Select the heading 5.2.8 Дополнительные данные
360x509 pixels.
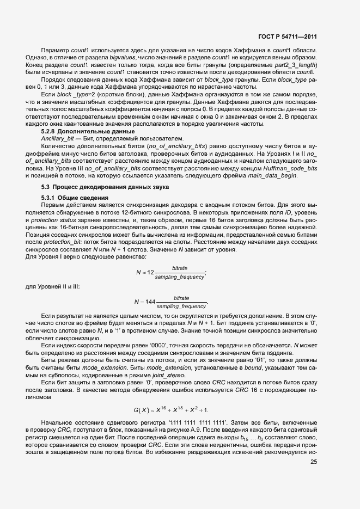point(80,132)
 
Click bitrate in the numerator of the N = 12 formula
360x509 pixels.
point(180,268)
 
